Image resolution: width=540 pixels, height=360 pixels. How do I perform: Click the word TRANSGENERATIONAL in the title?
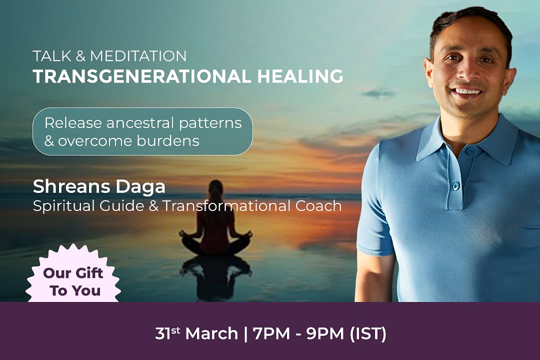tap(142, 76)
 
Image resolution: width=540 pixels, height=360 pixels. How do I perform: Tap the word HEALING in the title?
tap(300, 76)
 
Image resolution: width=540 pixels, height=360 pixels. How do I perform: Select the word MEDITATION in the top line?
tap(138, 56)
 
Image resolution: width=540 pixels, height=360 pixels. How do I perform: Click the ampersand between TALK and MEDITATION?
tap(80, 56)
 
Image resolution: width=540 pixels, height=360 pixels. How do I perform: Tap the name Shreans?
tap(71, 186)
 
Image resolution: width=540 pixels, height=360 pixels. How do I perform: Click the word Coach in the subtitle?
tap(318, 205)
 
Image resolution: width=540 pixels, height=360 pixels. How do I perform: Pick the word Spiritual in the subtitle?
tap(64, 206)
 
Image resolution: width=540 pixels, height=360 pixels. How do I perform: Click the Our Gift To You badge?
tap(73, 274)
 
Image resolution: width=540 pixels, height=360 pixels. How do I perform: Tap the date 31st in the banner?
tap(167, 333)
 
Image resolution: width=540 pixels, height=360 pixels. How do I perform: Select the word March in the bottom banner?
tap(211, 333)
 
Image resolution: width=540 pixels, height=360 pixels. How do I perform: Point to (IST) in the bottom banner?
tap(368, 333)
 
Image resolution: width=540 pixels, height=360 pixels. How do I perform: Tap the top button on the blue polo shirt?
tap(469, 151)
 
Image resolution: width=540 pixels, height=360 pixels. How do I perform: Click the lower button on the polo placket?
tap(456, 186)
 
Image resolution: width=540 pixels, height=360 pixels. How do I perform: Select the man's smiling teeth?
tap(467, 91)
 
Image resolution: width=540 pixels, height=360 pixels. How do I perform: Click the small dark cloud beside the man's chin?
tap(378, 93)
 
